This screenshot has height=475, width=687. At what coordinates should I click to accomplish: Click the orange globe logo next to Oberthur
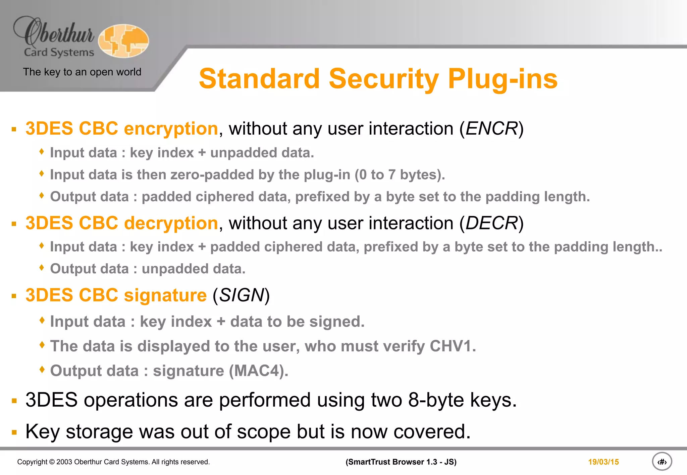click(x=123, y=41)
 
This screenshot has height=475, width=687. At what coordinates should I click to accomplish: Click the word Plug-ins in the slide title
click(x=503, y=79)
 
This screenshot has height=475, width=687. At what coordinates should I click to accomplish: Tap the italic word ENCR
click(x=491, y=129)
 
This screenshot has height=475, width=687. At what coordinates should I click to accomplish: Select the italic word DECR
click(x=491, y=223)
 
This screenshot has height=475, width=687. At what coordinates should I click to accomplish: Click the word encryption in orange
click(x=171, y=129)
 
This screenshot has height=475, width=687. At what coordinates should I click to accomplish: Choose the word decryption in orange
click(x=171, y=223)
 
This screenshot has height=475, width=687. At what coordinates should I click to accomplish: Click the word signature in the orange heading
click(x=165, y=295)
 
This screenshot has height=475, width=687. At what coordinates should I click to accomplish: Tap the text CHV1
click(x=452, y=346)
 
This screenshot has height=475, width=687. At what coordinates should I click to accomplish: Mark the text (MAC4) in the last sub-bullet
click(x=258, y=371)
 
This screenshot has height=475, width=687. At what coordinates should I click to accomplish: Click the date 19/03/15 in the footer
click(x=603, y=462)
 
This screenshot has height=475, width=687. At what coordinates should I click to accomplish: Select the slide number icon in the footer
click(x=662, y=462)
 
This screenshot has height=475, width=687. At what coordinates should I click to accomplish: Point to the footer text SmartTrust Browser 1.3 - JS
click(x=401, y=462)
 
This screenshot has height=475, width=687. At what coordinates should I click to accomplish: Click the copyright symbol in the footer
click(x=52, y=462)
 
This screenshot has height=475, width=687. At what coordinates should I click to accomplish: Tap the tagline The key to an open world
click(x=82, y=72)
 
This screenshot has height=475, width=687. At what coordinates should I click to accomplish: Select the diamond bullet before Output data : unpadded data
click(x=42, y=268)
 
